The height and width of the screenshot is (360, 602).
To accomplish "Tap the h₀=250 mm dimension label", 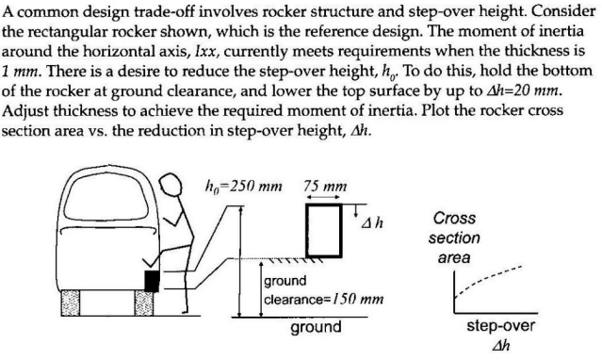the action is tap(244, 185).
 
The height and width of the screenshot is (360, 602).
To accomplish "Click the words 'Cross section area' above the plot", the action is tap(461, 237).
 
